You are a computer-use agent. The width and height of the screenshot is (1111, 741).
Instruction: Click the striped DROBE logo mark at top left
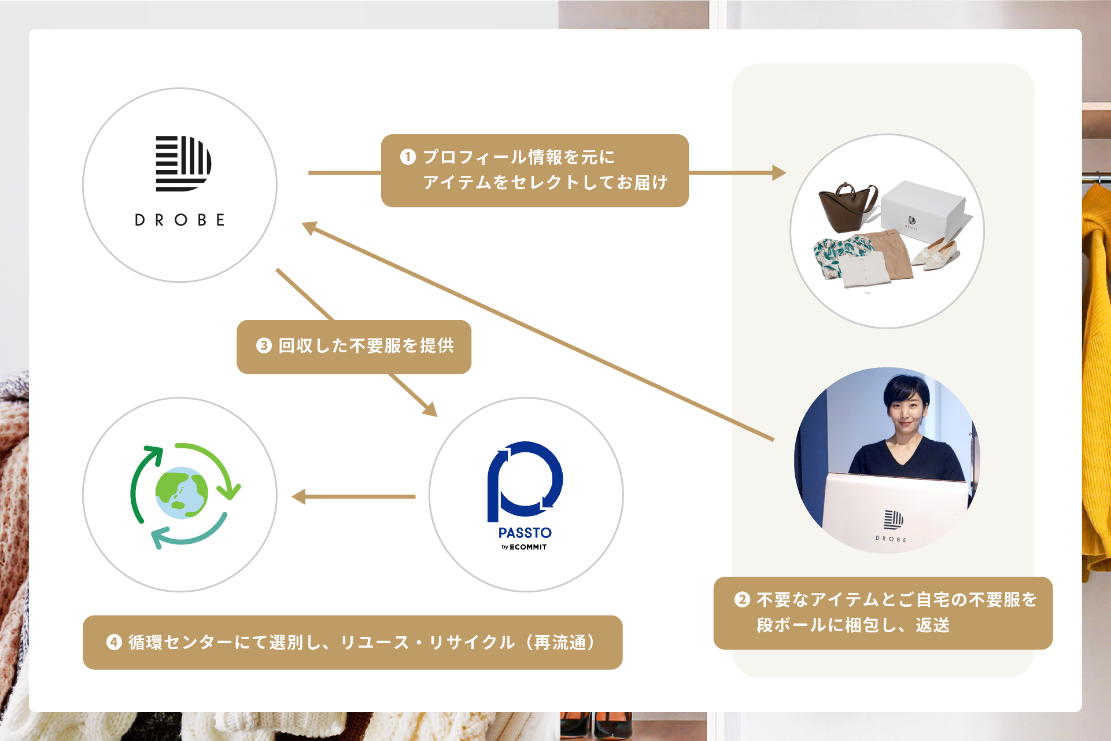coord(183,163)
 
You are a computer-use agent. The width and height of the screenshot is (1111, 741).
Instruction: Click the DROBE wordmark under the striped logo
coord(179,220)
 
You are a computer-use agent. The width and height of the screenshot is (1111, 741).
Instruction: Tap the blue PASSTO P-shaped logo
coord(525,480)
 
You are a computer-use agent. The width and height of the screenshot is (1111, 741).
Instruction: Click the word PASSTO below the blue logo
coord(525,533)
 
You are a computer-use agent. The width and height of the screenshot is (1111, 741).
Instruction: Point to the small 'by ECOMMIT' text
coord(524,547)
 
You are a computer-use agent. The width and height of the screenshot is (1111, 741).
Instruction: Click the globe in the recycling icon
coord(182,493)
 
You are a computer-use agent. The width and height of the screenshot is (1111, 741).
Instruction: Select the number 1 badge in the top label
coord(408,157)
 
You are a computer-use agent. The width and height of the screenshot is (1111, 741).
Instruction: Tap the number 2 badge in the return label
coord(742,599)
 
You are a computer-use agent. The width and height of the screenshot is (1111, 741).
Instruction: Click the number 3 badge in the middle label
coord(264,345)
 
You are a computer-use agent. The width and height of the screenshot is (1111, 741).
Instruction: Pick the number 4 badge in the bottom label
coord(114,642)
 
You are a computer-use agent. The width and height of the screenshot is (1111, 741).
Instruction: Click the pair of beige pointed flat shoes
coord(936,253)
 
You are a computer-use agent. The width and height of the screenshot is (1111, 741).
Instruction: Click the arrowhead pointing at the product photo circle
coord(778,172)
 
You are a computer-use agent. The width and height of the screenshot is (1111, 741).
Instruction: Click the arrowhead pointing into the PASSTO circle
coord(429,409)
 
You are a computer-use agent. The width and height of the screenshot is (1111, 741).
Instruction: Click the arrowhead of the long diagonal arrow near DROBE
coord(310,227)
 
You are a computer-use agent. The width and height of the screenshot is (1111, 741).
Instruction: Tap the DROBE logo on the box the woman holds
coord(892,519)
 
